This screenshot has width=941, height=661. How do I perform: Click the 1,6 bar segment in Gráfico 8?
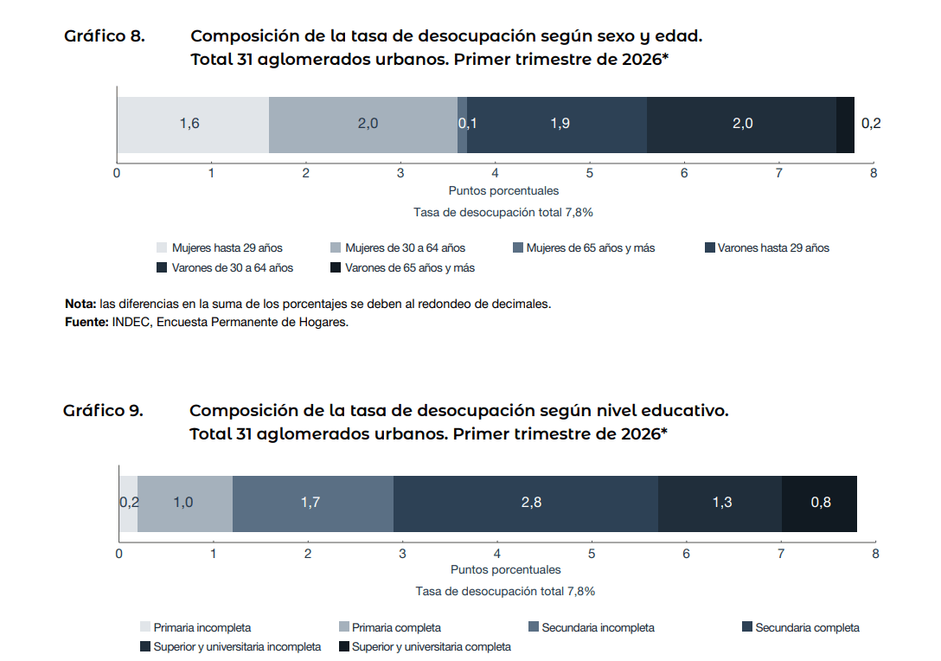193,125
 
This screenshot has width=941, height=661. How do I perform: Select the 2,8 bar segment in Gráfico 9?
526,504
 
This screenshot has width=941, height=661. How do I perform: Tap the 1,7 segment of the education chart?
313,504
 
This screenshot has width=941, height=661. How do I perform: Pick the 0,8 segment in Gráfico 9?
819,504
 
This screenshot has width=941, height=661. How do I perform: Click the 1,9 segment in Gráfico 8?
557,125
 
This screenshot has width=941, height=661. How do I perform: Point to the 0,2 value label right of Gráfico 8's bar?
871,123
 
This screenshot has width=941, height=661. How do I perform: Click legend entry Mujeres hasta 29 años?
220,248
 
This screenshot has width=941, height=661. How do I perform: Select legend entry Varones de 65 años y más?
403,267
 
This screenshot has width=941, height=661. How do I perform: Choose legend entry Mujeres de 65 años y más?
584,248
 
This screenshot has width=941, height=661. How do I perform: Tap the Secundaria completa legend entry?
801,627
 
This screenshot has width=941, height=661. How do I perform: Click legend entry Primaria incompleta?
195,627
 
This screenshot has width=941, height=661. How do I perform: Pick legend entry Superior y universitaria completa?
426,646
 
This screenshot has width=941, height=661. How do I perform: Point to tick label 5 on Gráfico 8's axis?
589,173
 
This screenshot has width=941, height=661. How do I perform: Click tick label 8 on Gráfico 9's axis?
875,554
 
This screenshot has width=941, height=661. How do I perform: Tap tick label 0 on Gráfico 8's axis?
117,173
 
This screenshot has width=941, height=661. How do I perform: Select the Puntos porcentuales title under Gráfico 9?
506,570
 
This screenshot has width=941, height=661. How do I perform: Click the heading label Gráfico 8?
105,36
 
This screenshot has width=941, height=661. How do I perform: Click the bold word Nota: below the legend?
80,305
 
